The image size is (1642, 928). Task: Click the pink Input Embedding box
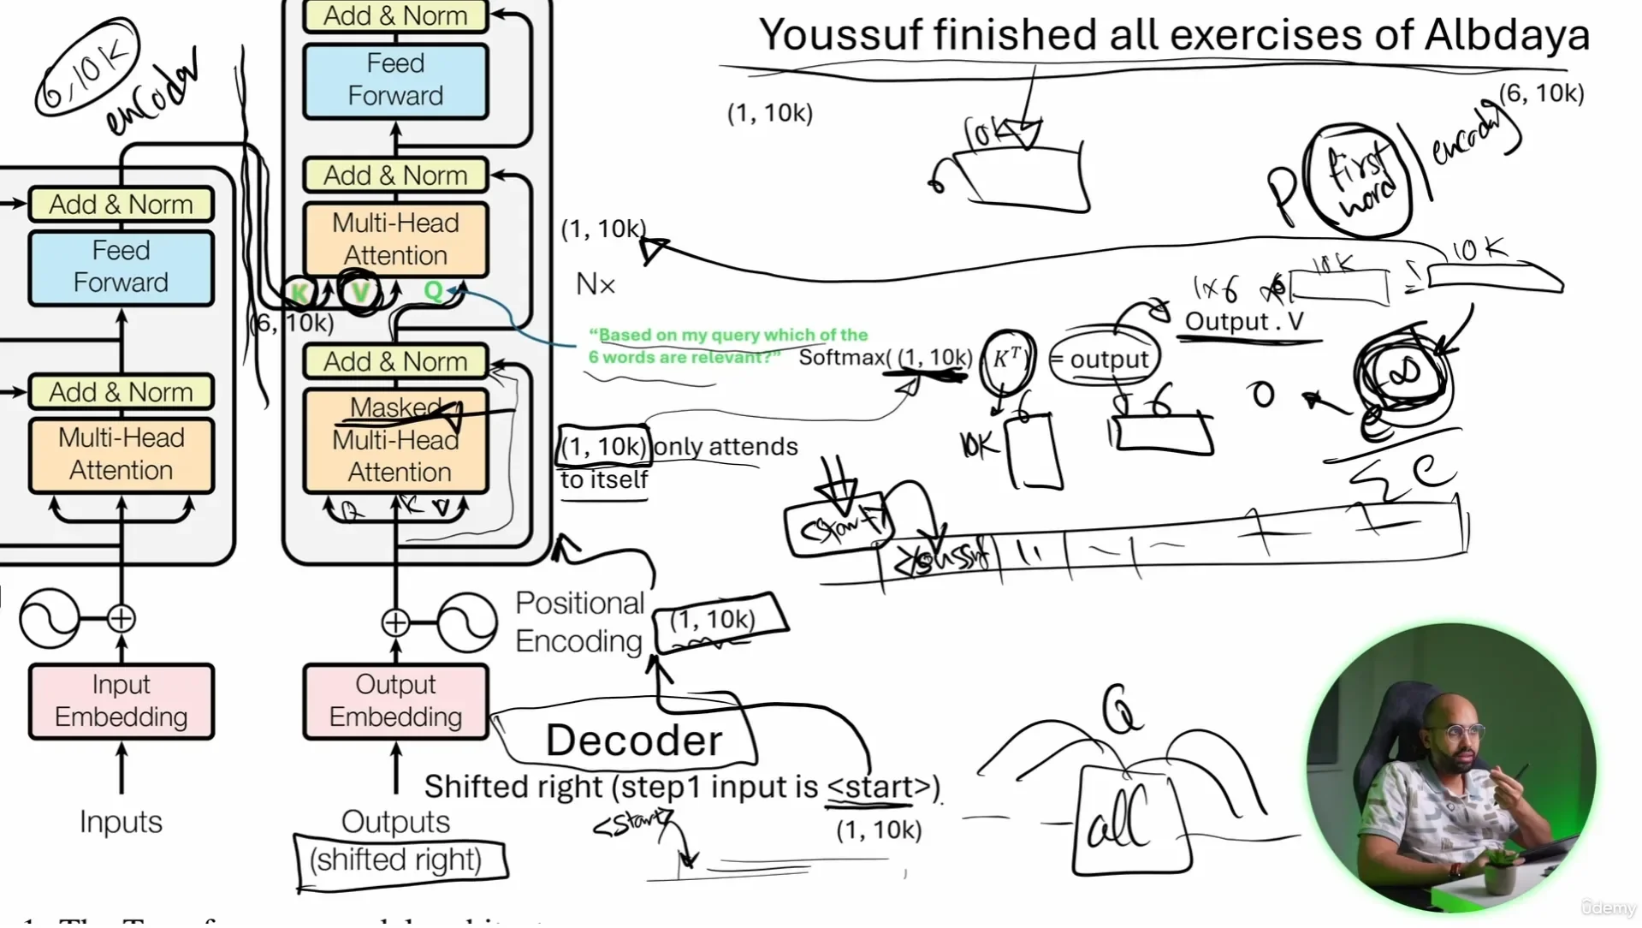[x=121, y=700]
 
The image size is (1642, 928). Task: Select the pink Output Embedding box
[x=395, y=700]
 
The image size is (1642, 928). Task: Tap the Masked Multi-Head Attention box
[x=395, y=440]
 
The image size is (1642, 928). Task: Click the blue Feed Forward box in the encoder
[x=121, y=266]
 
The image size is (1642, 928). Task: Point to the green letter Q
[x=433, y=291]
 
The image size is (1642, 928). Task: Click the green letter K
[x=299, y=293]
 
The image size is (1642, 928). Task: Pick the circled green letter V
[x=359, y=293]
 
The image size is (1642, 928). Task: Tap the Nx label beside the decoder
[x=596, y=284]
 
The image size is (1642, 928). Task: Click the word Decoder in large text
[x=634, y=741]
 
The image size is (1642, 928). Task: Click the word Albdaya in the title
[x=1507, y=36]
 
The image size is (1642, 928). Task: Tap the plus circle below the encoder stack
[x=122, y=618]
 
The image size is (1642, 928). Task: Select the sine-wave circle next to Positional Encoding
[x=467, y=622]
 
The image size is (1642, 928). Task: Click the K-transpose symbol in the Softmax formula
[x=1006, y=358]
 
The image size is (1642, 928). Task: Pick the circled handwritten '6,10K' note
[x=86, y=67]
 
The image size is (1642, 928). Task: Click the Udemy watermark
[x=1608, y=908]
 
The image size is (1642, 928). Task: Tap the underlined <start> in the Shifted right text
[x=879, y=787]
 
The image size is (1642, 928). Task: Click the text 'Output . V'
[x=1244, y=322]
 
